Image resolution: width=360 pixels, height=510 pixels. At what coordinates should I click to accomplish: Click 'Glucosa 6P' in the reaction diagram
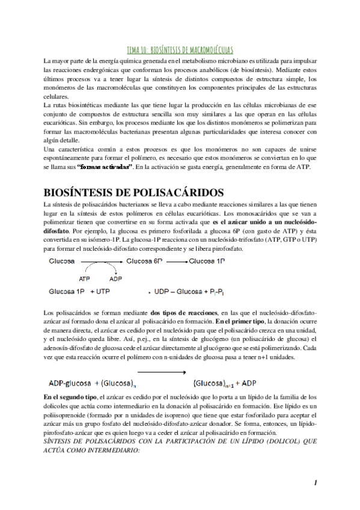144,262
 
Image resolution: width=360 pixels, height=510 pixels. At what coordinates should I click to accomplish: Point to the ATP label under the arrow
84,278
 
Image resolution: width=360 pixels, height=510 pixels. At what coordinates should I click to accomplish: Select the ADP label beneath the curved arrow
116,278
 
